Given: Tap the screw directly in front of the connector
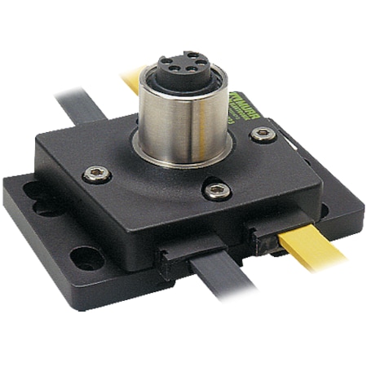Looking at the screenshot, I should pyautogui.click(x=215, y=190).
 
